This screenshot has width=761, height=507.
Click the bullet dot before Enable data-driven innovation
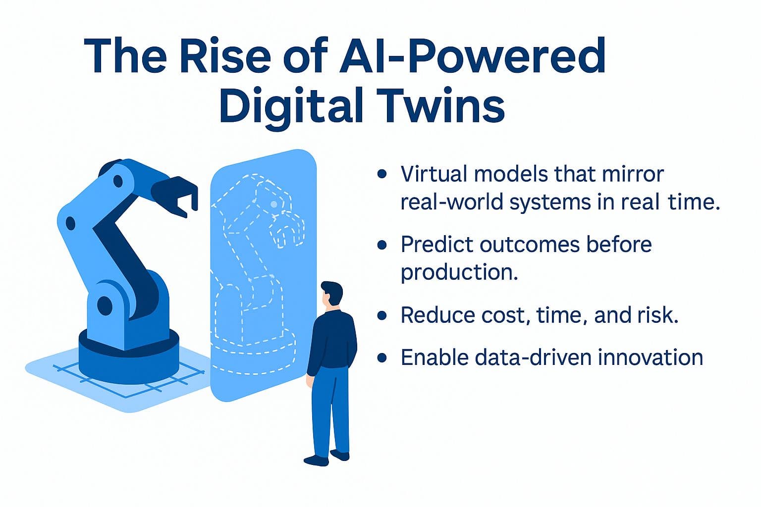[381, 357]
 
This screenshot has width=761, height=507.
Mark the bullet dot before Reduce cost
[381, 315]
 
